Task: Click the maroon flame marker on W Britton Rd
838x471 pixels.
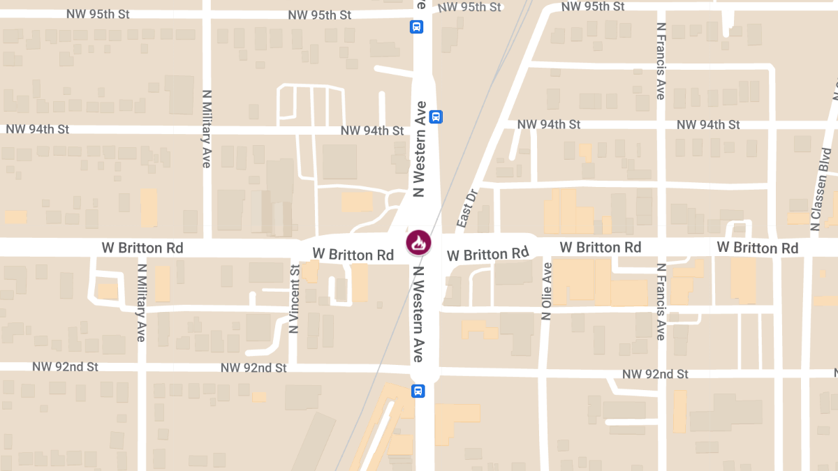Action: [418, 243]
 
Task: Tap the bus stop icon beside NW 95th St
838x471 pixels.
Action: [416, 27]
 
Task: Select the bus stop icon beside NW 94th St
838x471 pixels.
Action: [436, 117]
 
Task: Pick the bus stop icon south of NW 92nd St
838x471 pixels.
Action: [418, 391]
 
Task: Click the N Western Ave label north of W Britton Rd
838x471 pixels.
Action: [420, 149]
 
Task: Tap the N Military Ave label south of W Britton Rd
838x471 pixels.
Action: [142, 301]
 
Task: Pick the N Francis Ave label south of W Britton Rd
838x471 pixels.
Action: [661, 302]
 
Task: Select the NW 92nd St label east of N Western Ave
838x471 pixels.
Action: [655, 375]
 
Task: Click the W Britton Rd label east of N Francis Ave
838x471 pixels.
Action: [757, 248]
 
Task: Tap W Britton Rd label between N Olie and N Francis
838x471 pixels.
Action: [600, 247]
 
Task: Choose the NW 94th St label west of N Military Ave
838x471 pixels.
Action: [38, 129]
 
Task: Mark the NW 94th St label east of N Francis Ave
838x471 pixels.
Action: [708, 125]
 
